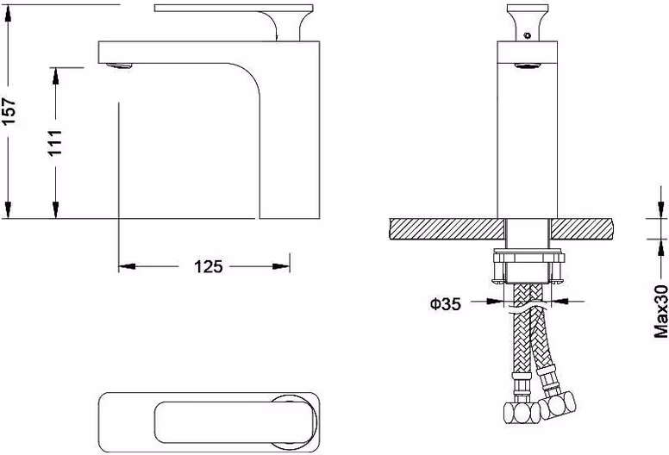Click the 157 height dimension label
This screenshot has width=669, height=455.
coord(9,111)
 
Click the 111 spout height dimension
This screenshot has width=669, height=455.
coord(55,143)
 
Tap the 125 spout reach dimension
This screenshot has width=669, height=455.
coord(209,266)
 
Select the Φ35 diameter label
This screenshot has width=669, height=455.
coord(446,304)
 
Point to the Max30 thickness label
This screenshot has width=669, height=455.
coord(661,312)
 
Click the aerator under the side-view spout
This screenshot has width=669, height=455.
coord(119,65)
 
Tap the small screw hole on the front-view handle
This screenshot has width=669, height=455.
coord(528,35)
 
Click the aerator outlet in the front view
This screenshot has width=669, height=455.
coord(528,65)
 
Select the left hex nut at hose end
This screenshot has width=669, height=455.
coord(522,413)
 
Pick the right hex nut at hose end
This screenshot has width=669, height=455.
coord(557,404)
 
